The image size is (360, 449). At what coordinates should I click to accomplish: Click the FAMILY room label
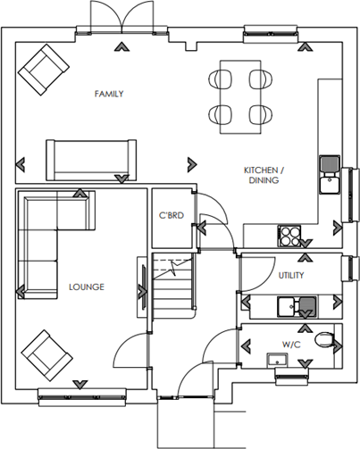coord(108,94)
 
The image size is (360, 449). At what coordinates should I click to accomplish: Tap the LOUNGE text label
coord(86,287)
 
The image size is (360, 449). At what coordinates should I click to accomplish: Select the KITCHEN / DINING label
coord(264,175)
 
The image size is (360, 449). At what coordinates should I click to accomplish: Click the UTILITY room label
coord(292,276)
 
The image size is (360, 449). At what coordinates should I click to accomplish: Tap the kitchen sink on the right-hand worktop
coord(328,173)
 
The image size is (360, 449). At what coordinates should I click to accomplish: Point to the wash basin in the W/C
coord(277,360)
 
